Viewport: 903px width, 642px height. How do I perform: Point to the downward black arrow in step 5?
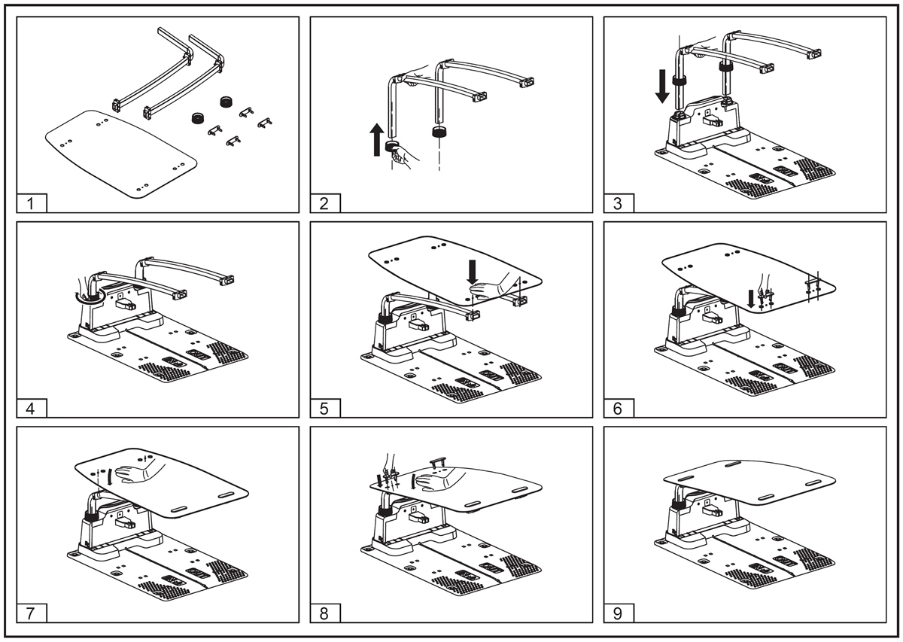coord(472,272)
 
